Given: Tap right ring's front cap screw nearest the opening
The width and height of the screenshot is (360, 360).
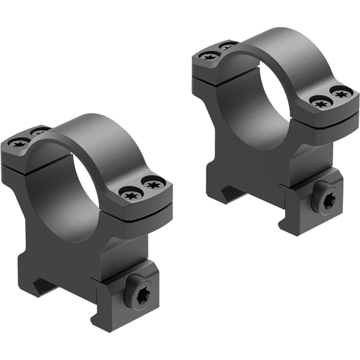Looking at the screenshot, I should point(320,103).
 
